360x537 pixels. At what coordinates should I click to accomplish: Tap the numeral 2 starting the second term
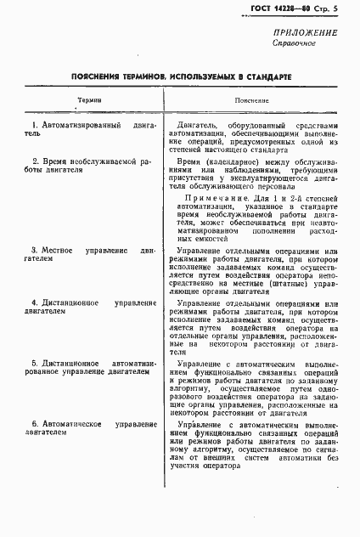[x=34, y=161]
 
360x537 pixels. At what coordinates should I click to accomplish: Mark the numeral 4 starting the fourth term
[x=34, y=302]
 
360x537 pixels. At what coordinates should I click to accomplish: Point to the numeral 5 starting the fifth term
[x=34, y=363]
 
